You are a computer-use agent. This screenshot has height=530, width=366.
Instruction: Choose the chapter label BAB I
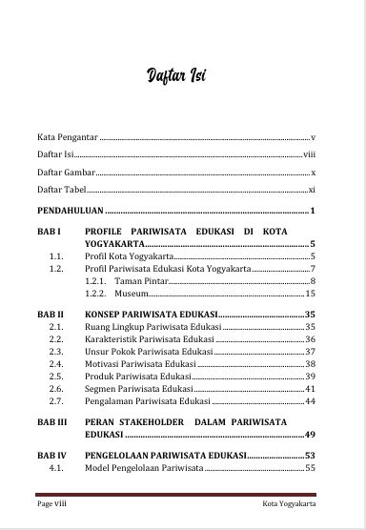(x=49, y=232)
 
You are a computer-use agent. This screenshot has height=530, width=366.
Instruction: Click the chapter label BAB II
(x=51, y=314)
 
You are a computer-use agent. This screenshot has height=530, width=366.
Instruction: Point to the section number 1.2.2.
(x=94, y=295)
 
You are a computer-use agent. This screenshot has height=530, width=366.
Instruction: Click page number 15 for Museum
(x=310, y=295)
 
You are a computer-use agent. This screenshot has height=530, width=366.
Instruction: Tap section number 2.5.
(x=56, y=377)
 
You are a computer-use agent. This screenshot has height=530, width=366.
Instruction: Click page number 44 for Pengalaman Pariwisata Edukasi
(x=310, y=401)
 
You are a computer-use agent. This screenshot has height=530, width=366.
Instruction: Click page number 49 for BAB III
(x=310, y=434)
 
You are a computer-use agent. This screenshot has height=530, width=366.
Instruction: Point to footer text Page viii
(x=51, y=504)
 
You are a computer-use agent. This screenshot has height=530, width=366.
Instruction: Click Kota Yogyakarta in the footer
(x=291, y=504)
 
